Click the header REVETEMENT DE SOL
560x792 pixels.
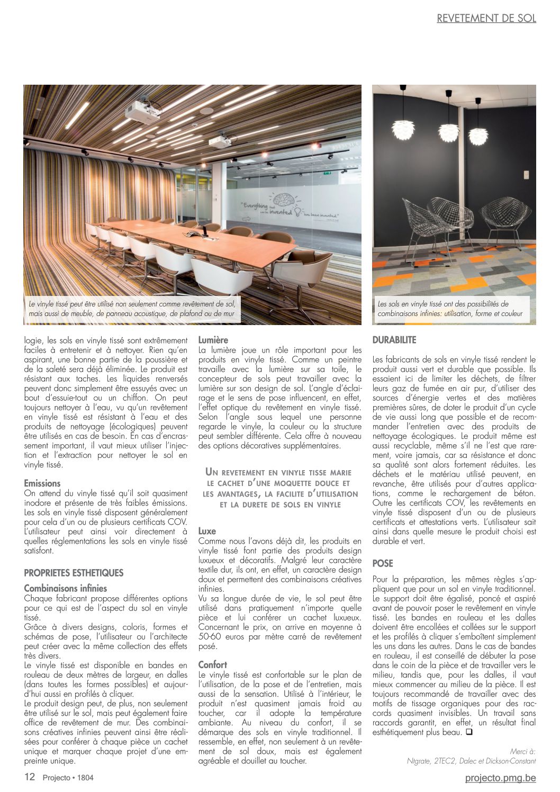[486, 18]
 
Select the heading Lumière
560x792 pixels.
[213, 340]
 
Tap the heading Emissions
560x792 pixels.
[42, 483]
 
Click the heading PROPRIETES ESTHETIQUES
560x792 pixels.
[74, 573]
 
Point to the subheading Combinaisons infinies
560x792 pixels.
[65, 588]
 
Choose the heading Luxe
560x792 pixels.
[207, 531]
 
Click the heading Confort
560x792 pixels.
[212, 664]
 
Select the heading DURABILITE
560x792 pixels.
[394, 340]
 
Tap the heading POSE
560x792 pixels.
[383, 563]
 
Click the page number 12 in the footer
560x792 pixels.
[30, 777]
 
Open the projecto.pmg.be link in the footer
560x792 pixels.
[500, 778]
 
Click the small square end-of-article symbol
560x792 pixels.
[468, 732]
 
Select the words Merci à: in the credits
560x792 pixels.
[522, 751]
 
